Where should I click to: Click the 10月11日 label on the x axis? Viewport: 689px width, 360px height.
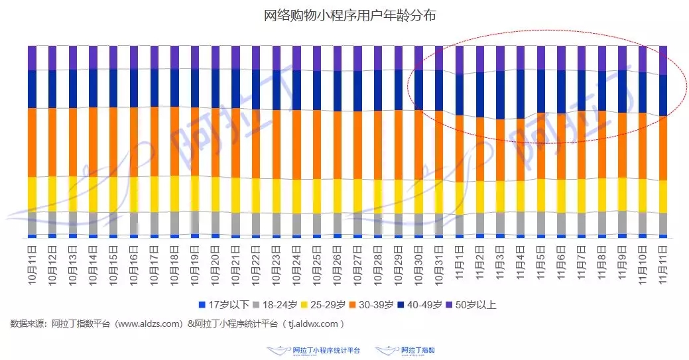point(32,265)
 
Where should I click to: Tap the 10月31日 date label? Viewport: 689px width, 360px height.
point(439,265)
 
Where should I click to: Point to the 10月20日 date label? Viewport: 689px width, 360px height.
point(216,265)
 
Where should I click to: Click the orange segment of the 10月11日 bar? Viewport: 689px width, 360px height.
point(32,142)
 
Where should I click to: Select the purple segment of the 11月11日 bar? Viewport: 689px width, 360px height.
point(663,60)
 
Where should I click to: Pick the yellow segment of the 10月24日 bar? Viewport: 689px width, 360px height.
point(297,196)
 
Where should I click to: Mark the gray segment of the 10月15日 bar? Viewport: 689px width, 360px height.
point(114,223)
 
